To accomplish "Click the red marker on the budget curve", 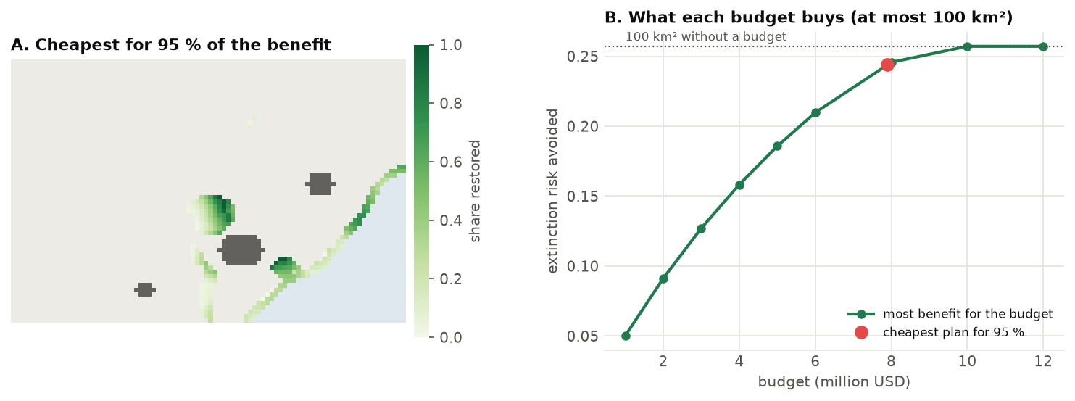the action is coord(888,65).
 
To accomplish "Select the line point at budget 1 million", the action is coord(626,336).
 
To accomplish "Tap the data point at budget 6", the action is coord(815,113).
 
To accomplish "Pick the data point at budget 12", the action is coord(1043,46).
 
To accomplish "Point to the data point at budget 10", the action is coord(968,46).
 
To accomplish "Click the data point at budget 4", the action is coord(739,185).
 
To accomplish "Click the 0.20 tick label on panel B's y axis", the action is coord(583,126).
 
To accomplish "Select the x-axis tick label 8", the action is coord(891,361).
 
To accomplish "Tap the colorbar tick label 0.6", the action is coord(451,162).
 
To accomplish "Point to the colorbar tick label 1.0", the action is coord(451,45).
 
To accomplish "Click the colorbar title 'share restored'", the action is coord(475,191).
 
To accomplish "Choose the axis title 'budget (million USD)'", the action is coord(834,382).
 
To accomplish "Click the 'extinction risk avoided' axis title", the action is coord(552,191).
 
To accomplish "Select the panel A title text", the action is coord(171,45).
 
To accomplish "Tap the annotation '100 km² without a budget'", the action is coord(706,36).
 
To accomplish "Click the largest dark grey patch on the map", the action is coord(241,249).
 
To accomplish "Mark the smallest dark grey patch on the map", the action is coord(145,289).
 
